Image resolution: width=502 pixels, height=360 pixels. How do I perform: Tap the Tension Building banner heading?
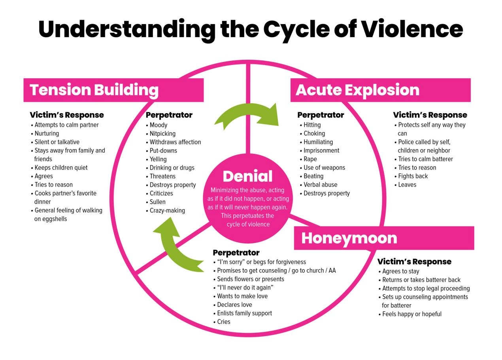point(94,90)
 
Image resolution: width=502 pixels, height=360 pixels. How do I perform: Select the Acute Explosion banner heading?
point(357,90)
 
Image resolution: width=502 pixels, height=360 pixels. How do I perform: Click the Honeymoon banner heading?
point(349,238)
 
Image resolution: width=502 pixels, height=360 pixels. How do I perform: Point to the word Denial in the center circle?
point(247,176)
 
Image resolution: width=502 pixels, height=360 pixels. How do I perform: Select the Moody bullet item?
point(159,125)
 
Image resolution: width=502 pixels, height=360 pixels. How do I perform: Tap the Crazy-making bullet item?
point(167,210)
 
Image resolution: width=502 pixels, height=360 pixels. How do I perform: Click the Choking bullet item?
point(314,133)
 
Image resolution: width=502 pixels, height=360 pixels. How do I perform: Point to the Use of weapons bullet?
point(324,168)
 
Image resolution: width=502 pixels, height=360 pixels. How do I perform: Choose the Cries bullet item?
point(224,322)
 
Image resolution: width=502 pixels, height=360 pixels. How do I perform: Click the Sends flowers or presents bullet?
point(251,279)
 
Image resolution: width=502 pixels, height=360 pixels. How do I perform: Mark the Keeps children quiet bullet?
point(61,168)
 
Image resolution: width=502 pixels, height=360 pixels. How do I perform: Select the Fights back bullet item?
point(413,176)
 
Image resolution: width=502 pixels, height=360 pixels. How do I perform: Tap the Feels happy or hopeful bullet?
point(412,314)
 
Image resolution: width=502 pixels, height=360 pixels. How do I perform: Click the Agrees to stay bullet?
point(401,271)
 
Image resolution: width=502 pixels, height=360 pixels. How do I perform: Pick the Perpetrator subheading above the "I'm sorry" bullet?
point(236,252)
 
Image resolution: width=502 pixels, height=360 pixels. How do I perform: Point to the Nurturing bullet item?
point(47,133)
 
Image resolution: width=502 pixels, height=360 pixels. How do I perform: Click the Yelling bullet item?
point(158,159)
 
